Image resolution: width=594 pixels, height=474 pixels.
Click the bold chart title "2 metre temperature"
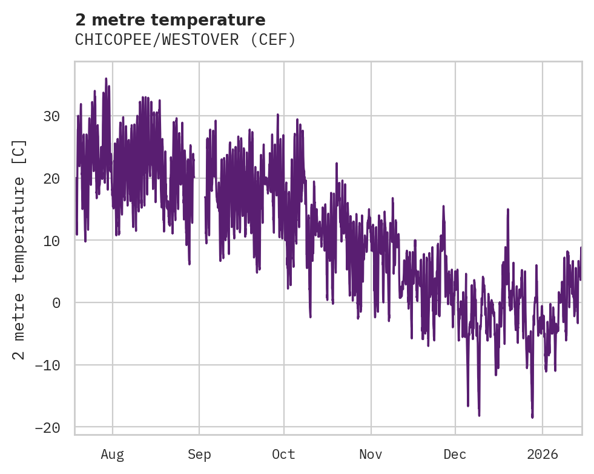[170, 20]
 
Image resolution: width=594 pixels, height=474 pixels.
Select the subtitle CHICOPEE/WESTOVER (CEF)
[185, 40]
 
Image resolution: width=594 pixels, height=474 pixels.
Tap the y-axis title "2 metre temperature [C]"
[19, 249]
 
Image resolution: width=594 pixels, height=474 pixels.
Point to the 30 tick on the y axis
[53, 116]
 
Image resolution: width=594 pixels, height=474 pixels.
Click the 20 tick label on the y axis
[53, 179]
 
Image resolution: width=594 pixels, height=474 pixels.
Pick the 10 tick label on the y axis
[53, 241]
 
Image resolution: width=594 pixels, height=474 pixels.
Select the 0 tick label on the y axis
[57, 303]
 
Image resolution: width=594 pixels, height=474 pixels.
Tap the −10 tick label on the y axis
[48, 366]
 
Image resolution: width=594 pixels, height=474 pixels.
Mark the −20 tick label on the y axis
[48, 428]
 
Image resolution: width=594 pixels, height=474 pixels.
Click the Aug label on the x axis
[112, 454]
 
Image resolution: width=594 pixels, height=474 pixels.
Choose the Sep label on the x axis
[199, 454]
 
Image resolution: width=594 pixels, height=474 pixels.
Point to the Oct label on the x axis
[283, 454]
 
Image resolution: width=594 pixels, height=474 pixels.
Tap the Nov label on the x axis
[371, 454]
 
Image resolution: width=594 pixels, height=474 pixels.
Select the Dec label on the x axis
[455, 454]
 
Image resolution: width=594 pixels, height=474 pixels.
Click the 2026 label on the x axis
[543, 454]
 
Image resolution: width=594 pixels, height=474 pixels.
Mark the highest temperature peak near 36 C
[106, 79]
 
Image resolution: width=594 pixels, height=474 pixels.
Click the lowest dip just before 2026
[532, 417]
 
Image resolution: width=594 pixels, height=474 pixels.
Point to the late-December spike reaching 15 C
[508, 210]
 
